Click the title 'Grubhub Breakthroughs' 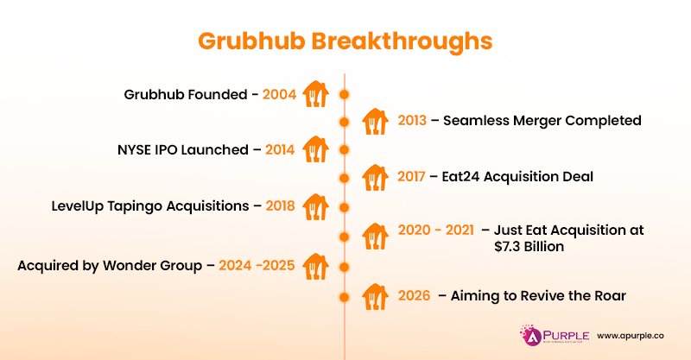click(345, 41)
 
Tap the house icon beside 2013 click(375, 120)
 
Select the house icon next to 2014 click(315, 148)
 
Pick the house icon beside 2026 click(375, 295)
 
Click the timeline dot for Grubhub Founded click(345, 93)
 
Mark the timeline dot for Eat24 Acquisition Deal click(345, 178)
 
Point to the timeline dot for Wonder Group click(345, 266)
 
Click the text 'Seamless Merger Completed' click(542, 121)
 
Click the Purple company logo click(549, 334)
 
